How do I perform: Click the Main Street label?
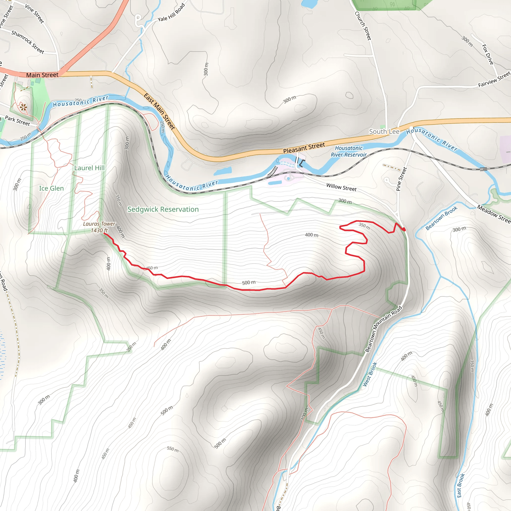tap(42, 75)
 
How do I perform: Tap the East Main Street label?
tap(159, 111)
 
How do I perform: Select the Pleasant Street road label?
tap(304, 148)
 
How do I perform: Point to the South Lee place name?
tap(384, 131)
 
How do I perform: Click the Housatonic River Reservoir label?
tap(349, 151)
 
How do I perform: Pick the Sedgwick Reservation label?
tap(163, 209)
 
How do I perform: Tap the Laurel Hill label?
tap(89, 168)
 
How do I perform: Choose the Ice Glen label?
tap(51, 188)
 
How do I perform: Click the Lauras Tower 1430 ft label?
tap(99, 227)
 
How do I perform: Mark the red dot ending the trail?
tap(404, 229)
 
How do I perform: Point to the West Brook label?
tap(370, 374)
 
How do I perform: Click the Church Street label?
tap(363, 26)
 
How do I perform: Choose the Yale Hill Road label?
tap(171, 13)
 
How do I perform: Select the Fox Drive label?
tap(488, 54)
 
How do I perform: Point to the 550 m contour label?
tap(172, 449)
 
